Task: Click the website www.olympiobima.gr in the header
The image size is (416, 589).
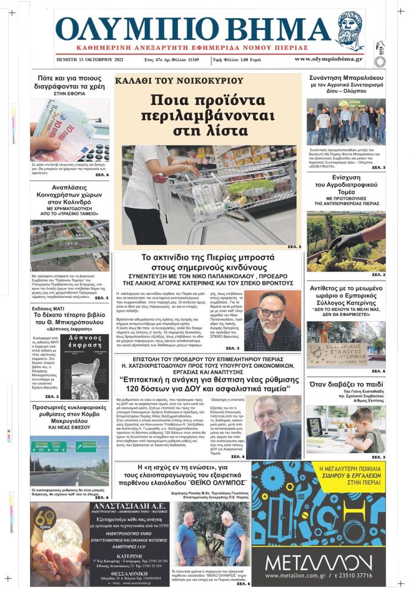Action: pos(328,59)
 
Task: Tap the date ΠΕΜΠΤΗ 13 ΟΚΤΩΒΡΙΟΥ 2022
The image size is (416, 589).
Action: pos(89,59)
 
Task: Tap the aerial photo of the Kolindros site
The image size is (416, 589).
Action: pos(69,244)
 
